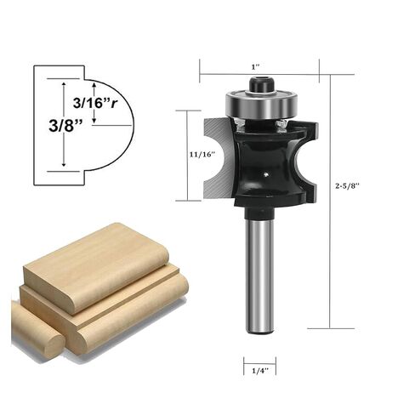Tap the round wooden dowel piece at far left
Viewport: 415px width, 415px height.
point(36,329)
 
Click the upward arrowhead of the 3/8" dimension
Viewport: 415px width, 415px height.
point(64,82)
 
